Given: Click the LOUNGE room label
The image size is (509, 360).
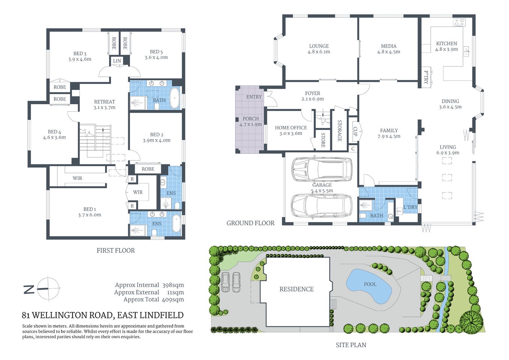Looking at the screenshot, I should point(319,46).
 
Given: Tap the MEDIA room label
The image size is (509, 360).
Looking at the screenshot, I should point(388,46).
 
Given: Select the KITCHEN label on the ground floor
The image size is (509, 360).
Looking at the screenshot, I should point(446,43).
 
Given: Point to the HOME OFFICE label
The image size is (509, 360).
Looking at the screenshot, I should point(291,128).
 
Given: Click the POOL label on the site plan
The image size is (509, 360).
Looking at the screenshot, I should point(370,284).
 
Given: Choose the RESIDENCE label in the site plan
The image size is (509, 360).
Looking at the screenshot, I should point(296,289).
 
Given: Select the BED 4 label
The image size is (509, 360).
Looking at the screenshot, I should point(54,132).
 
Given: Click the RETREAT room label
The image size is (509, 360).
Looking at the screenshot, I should point(105,102).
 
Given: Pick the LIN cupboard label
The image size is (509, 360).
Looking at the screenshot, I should point(117,61).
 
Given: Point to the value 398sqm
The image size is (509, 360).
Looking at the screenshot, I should point(173,285).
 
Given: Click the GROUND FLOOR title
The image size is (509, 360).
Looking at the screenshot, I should point(250,223).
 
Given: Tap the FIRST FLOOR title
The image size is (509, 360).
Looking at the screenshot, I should point(115,250).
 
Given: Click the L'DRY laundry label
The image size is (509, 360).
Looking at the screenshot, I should point(410,207).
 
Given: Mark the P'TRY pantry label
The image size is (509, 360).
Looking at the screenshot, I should point(426,77).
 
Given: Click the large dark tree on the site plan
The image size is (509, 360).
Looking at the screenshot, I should point(471,321).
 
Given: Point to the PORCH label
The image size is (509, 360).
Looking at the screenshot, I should point(250,119).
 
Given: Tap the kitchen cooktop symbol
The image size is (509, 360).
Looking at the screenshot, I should point(460,22).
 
